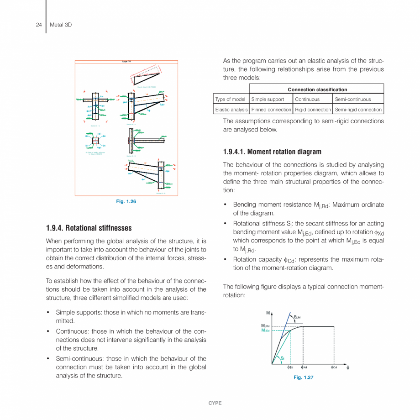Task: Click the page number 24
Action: pyautogui.click(x=39, y=25)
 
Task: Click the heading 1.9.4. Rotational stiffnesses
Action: pyautogui.click(x=89, y=228)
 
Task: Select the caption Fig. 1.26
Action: pyautogui.click(x=126, y=201)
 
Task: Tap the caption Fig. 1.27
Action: pyautogui.click(x=304, y=377)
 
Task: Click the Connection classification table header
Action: pyautogui.click(x=317, y=89)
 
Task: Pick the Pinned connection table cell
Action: pyautogui.click(x=271, y=110)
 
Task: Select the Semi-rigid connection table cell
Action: pyautogui.click(x=358, y=110)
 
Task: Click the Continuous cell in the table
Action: pyautogui.click(x=307, y=99)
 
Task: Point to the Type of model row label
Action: pyautogui.click(x=231, y=99)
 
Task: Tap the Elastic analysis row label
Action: pyautogui.click(x=231, y=110)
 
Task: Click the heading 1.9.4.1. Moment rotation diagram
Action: pyautogui.click(x=272, y=152)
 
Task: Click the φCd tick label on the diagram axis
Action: pyautogui.click(x=334, y=367)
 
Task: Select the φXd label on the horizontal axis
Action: pyautogui.click(x=304, y=367)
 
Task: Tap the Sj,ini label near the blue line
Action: pyautogui.click(x=297, y=316)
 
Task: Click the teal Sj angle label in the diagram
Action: pyautogui.click(x=283, y=358)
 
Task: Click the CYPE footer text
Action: pyautogui.click(x=215, y=403)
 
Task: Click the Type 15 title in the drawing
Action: pyautogui.click(x=126, y=62)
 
